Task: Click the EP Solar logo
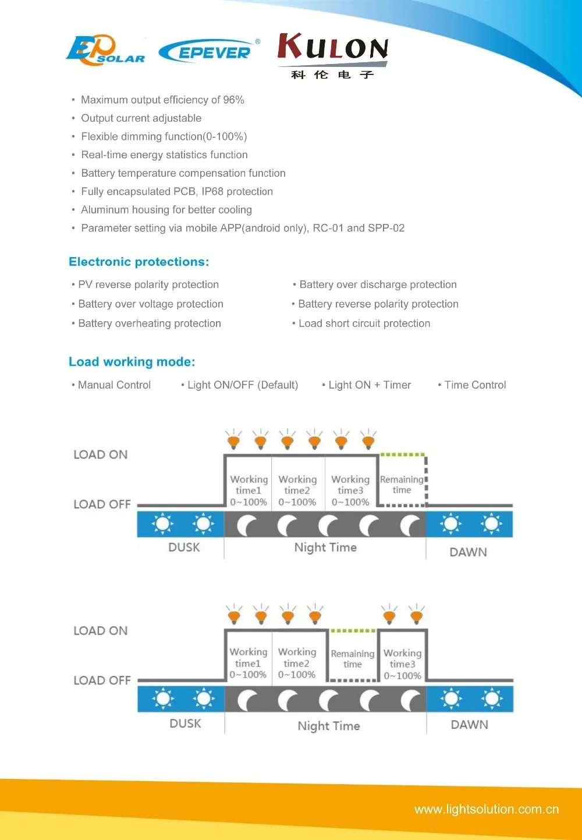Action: tap(105, 50)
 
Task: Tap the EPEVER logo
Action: tap(209, 51)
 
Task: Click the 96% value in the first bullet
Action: tap(234, 99)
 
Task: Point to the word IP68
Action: tap(212, 191)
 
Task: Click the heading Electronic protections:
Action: tap(139, 261)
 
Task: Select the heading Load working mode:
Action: tap(132, 361)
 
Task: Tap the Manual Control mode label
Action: tap(114, 385)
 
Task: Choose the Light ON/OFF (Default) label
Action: tap(243, 385)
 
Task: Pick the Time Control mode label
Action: tap(475, 385)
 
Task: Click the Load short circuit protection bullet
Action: tap(364, 323)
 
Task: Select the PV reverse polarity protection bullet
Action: tap(148, 284)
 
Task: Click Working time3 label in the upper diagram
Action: tap(350, 485)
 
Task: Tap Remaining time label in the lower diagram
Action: tap(353, 659)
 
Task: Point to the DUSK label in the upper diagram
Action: tap(184, 547)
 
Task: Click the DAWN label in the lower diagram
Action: tap(470, 724)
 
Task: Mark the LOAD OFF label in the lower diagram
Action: tap(102, 680)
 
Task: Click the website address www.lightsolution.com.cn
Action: tap(487, 809)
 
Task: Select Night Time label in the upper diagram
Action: tap(325, 547)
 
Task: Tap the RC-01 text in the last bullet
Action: tap(328, 228)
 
